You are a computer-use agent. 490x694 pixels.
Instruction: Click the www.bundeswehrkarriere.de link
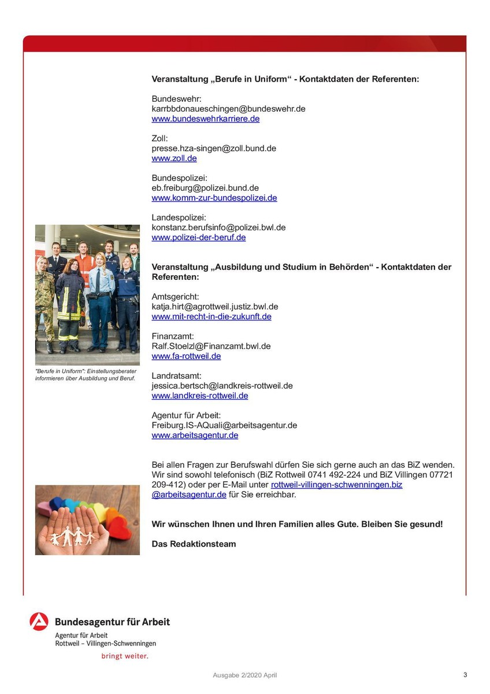tap(205, 119)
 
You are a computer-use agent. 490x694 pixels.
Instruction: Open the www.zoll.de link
tap(174, 158)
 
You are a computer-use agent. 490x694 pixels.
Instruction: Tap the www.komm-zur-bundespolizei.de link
tap(214, 198)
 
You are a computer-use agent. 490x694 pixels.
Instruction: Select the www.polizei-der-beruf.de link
tap(198, 238)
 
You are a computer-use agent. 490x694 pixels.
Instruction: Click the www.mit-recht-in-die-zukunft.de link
tap(211, 317)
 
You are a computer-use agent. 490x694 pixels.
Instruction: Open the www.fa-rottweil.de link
tap(186, 356)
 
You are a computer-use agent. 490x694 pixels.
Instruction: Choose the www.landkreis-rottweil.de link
tap(199, 396)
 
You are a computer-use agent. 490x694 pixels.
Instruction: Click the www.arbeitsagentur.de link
tap(195, 435)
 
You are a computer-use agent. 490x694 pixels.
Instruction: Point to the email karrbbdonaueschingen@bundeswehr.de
tap(228, 109)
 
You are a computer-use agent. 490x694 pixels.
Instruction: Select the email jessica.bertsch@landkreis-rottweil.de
tap(222, 386)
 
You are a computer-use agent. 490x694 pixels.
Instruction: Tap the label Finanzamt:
tap(173, 336)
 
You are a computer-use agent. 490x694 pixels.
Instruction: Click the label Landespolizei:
tap(179, 217)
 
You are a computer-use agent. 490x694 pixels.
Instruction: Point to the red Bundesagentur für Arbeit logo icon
tap(39, 621)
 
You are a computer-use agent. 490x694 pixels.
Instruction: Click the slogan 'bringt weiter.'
tap(125, 656)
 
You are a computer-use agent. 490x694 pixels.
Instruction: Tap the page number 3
tap(465, 674)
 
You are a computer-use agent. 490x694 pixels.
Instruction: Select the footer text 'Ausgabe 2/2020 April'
tap(245, 675)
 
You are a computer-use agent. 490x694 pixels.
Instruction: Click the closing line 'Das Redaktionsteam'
tap(194, 544)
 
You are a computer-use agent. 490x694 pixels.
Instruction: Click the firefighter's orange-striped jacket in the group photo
tap(70, 301)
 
